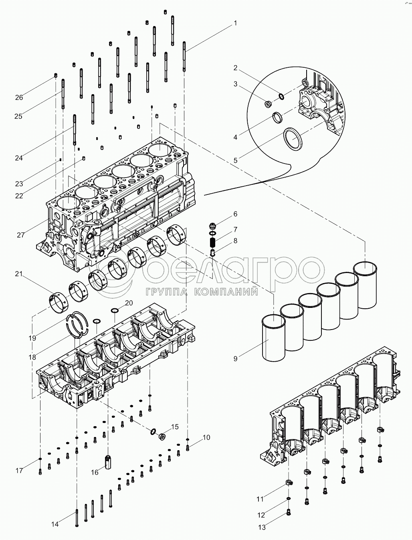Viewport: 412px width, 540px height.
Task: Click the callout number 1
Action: click(235, 23)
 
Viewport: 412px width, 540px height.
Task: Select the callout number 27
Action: click(21, 235)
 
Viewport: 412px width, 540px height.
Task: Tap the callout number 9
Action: click(235, 358)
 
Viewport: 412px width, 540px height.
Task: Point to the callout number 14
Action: click(55, 524)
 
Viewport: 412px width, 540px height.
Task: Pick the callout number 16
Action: click(94, 472)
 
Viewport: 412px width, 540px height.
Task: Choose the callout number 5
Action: click(235, 160)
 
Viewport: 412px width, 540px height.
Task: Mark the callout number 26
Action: click(19, 97)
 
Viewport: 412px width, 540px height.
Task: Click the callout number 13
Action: click(262, 528)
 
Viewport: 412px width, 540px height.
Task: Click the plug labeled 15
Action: click(163, 435)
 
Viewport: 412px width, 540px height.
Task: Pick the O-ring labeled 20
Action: click(114, 311)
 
